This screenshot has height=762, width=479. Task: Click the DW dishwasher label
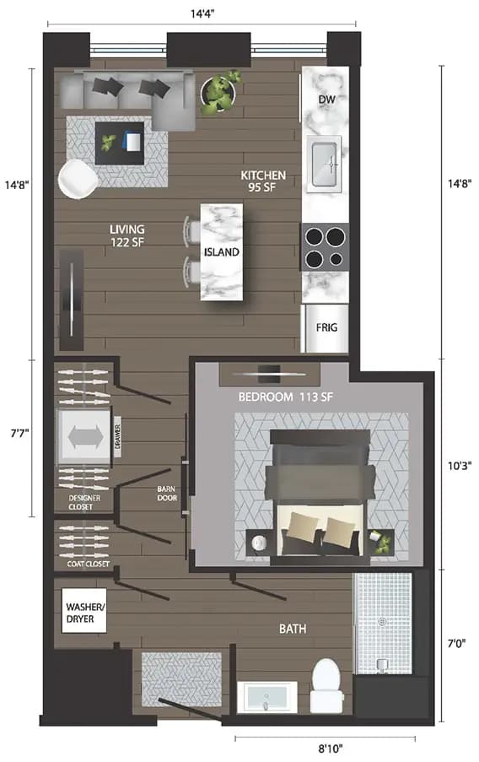pos(327,100)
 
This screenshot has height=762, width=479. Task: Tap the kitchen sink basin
pos(325,163)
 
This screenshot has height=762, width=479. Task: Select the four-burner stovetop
pos(325,246)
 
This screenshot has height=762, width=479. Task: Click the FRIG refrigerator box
pos(327,328)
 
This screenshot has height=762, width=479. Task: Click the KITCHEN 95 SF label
pos(263,181)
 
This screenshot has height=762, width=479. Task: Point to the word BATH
pos(293,630)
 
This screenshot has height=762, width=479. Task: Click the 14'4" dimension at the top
pos(201,12)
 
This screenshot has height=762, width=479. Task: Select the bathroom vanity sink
pos(266,697)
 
